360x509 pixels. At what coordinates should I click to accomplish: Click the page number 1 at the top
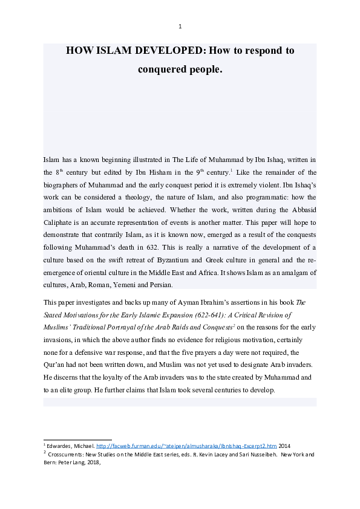click(180, 26)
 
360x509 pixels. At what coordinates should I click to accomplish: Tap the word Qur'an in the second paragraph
click(54, 365)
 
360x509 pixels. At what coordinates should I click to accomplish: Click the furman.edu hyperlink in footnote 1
click(182, 445)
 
